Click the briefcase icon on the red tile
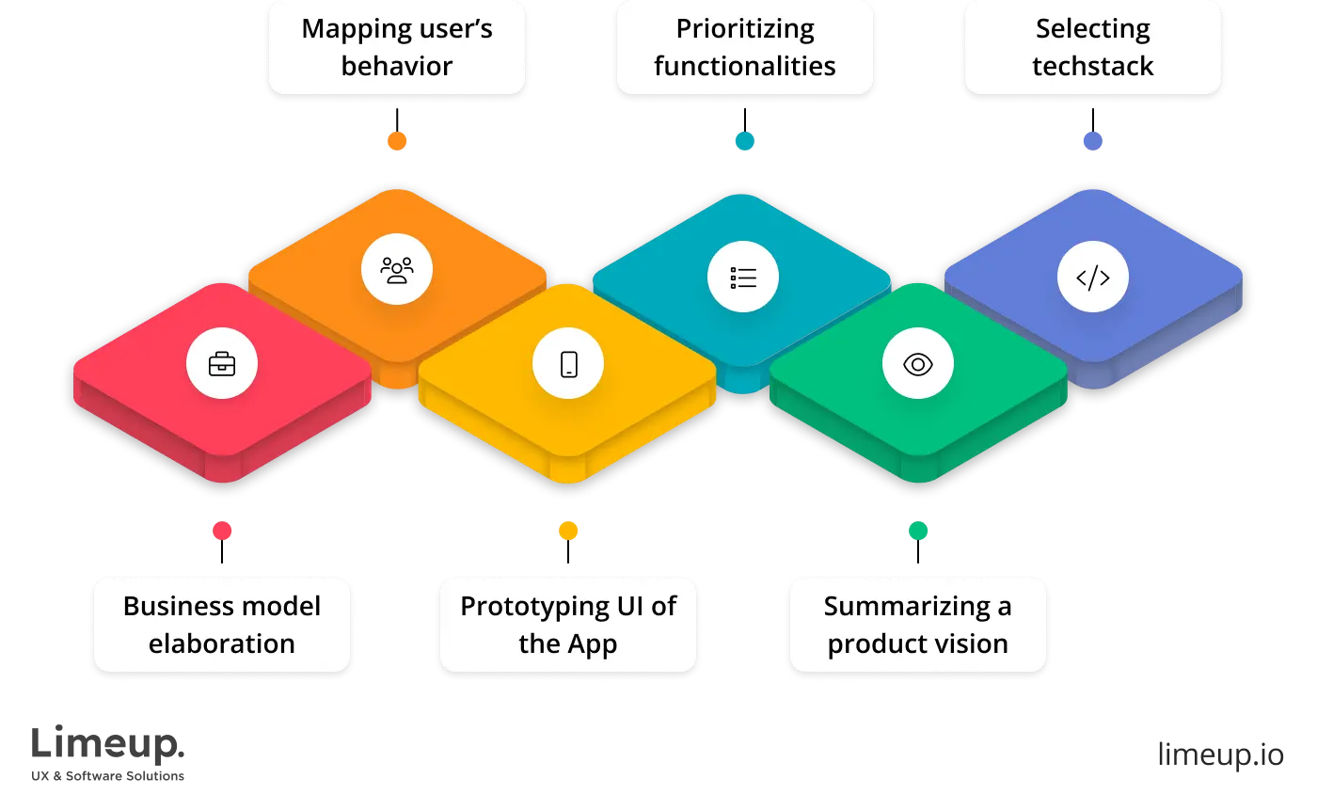(x=222, y=364)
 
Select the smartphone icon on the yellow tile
(x=568, y=364)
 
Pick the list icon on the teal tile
(x=743, y=278)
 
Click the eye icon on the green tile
(x=917, y=364)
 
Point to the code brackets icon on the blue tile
(x=1092, y=278)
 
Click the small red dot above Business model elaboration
(x=222, y=531)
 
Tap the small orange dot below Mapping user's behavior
(x=397, y=140)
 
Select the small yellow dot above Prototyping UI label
(x=568, y=531)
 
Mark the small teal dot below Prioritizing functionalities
(x=744, y=140)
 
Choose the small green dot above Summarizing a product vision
(x=918, y=531)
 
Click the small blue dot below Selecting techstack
(x=1092, y=140)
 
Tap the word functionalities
(x=745, y=67)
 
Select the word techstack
(x=1092, y=67)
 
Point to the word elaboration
(x=222, y=644)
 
